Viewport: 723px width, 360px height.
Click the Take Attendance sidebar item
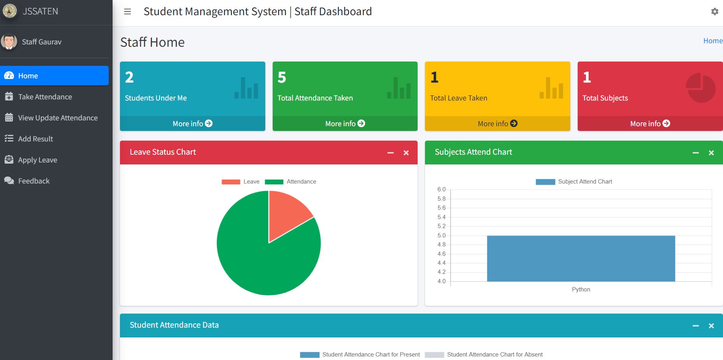(45, 97)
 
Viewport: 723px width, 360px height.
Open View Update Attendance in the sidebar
(58, 118)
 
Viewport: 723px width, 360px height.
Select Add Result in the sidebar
(35, 139)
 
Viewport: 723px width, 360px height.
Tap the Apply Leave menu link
(37, 160)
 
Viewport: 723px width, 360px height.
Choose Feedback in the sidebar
(34, 181)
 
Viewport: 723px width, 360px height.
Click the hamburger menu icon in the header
(127, 12)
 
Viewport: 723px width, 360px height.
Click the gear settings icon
(714, 12)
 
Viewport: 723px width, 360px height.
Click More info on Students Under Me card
(192, 124)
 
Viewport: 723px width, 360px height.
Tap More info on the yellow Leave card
(497, 124)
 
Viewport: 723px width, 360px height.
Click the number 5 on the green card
(282, 78)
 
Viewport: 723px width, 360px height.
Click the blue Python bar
(580, 258)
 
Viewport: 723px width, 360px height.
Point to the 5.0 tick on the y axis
(441, 235)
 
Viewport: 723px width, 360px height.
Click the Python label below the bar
(581, 289)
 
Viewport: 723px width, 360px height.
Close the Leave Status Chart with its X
(406, 153)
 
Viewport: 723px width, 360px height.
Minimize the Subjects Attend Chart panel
(695, 153)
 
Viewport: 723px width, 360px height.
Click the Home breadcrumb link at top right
(712, 41)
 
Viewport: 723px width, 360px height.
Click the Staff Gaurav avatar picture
(9, 42)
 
